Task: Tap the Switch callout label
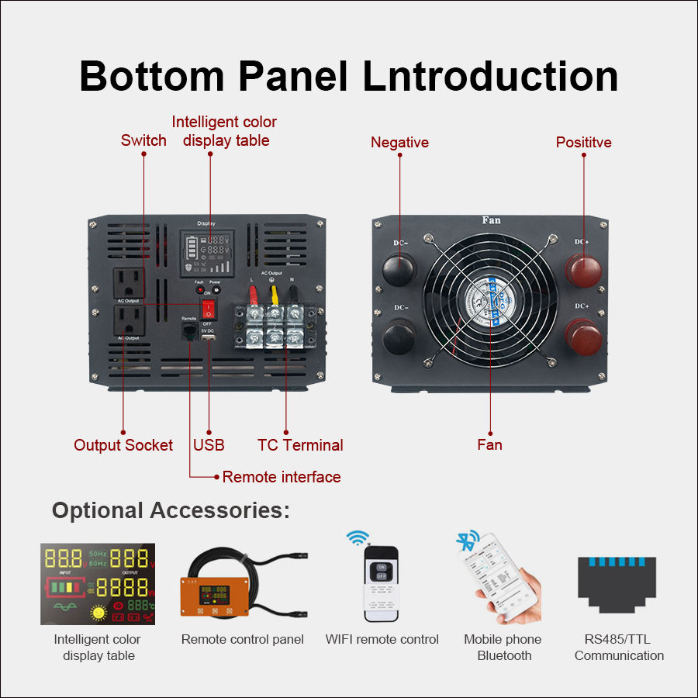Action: pos(143,140)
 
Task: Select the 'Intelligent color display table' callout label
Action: pos(224,131)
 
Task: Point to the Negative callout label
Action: pos(399,142)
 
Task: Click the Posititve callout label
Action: pos(583,142)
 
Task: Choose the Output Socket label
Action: pos(123,445)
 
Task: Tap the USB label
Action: pos(209,445)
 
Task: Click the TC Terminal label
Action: pos(300,445)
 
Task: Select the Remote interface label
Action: pos(282,477)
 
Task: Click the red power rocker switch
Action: pos(208,309)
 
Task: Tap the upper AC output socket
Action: pos(130,282)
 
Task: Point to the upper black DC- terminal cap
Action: pos(399,267)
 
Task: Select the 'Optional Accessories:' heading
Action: pos(171,510)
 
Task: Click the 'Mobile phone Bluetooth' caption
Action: pos(503,648)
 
